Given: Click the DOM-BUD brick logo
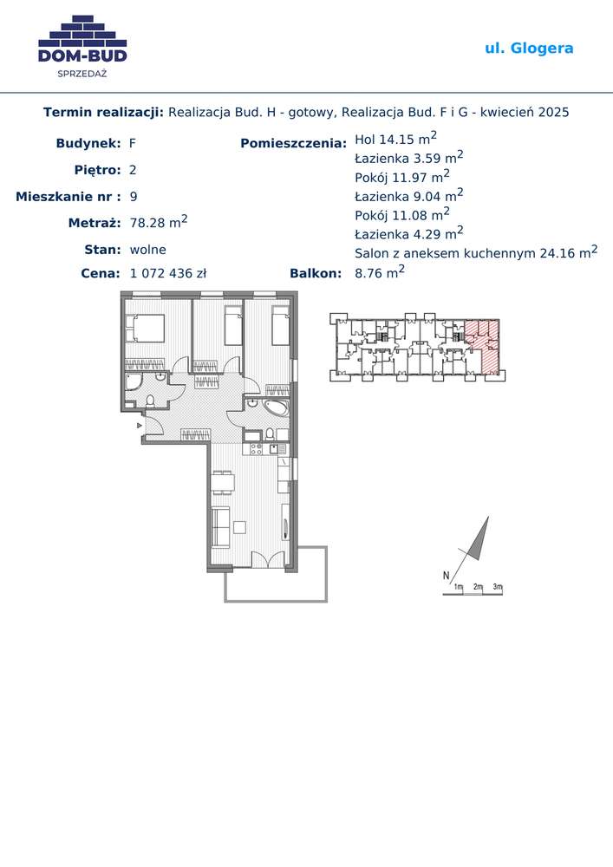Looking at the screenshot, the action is tap(82, 39).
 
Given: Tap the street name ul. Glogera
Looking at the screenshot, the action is tap(529, 48).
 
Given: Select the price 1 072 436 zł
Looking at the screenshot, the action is tap(168, 273).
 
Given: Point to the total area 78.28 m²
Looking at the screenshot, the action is tap(159, 222).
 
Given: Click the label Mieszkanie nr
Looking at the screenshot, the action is tap(63, 196).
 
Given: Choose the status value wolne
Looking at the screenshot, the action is tap(147, 250).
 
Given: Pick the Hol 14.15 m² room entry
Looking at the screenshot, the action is tap(395, 138).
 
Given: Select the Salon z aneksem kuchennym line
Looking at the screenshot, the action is tap(476, 252).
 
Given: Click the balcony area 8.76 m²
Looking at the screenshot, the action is tap(380, 272).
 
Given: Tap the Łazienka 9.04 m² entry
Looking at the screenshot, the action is tap(409, 195).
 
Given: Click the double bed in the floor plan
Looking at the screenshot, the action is tap(145, 329).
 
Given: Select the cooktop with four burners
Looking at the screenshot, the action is tap(256, 449).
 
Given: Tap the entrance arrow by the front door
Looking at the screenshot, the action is tap(140, 425).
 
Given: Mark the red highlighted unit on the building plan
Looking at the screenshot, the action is tap(484, 345).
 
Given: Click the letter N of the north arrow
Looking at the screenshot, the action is tap(446, 576).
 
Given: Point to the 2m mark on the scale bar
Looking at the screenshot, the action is tap(478, 587).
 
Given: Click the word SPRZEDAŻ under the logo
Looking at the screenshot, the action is tap(82, 73).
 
